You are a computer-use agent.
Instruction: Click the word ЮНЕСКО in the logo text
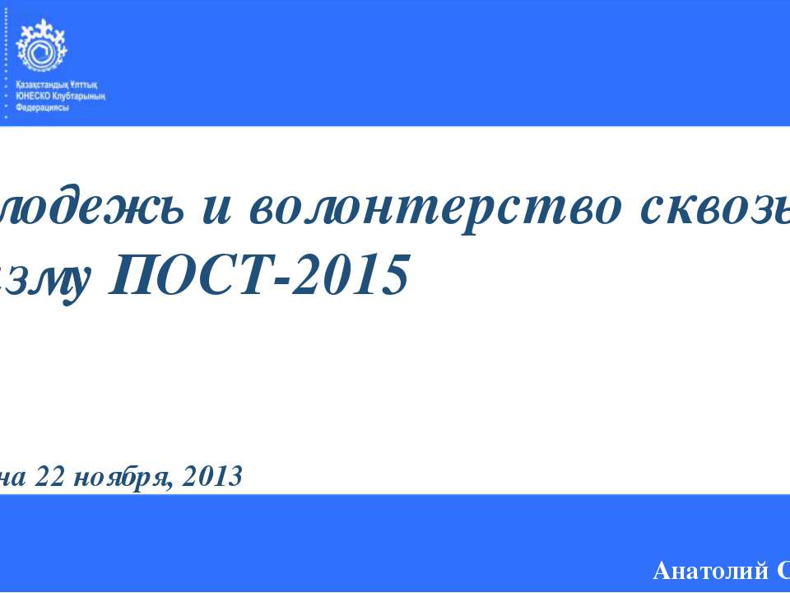pyautogui.click(x=33, y=96)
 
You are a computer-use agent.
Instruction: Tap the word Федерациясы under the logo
pyautogui.click(x=42, y=107)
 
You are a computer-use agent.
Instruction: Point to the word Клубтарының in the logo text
pyautogui.click(x=80, y=96)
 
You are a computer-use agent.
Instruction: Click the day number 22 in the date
pyautogui.click(x=55, y=475)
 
